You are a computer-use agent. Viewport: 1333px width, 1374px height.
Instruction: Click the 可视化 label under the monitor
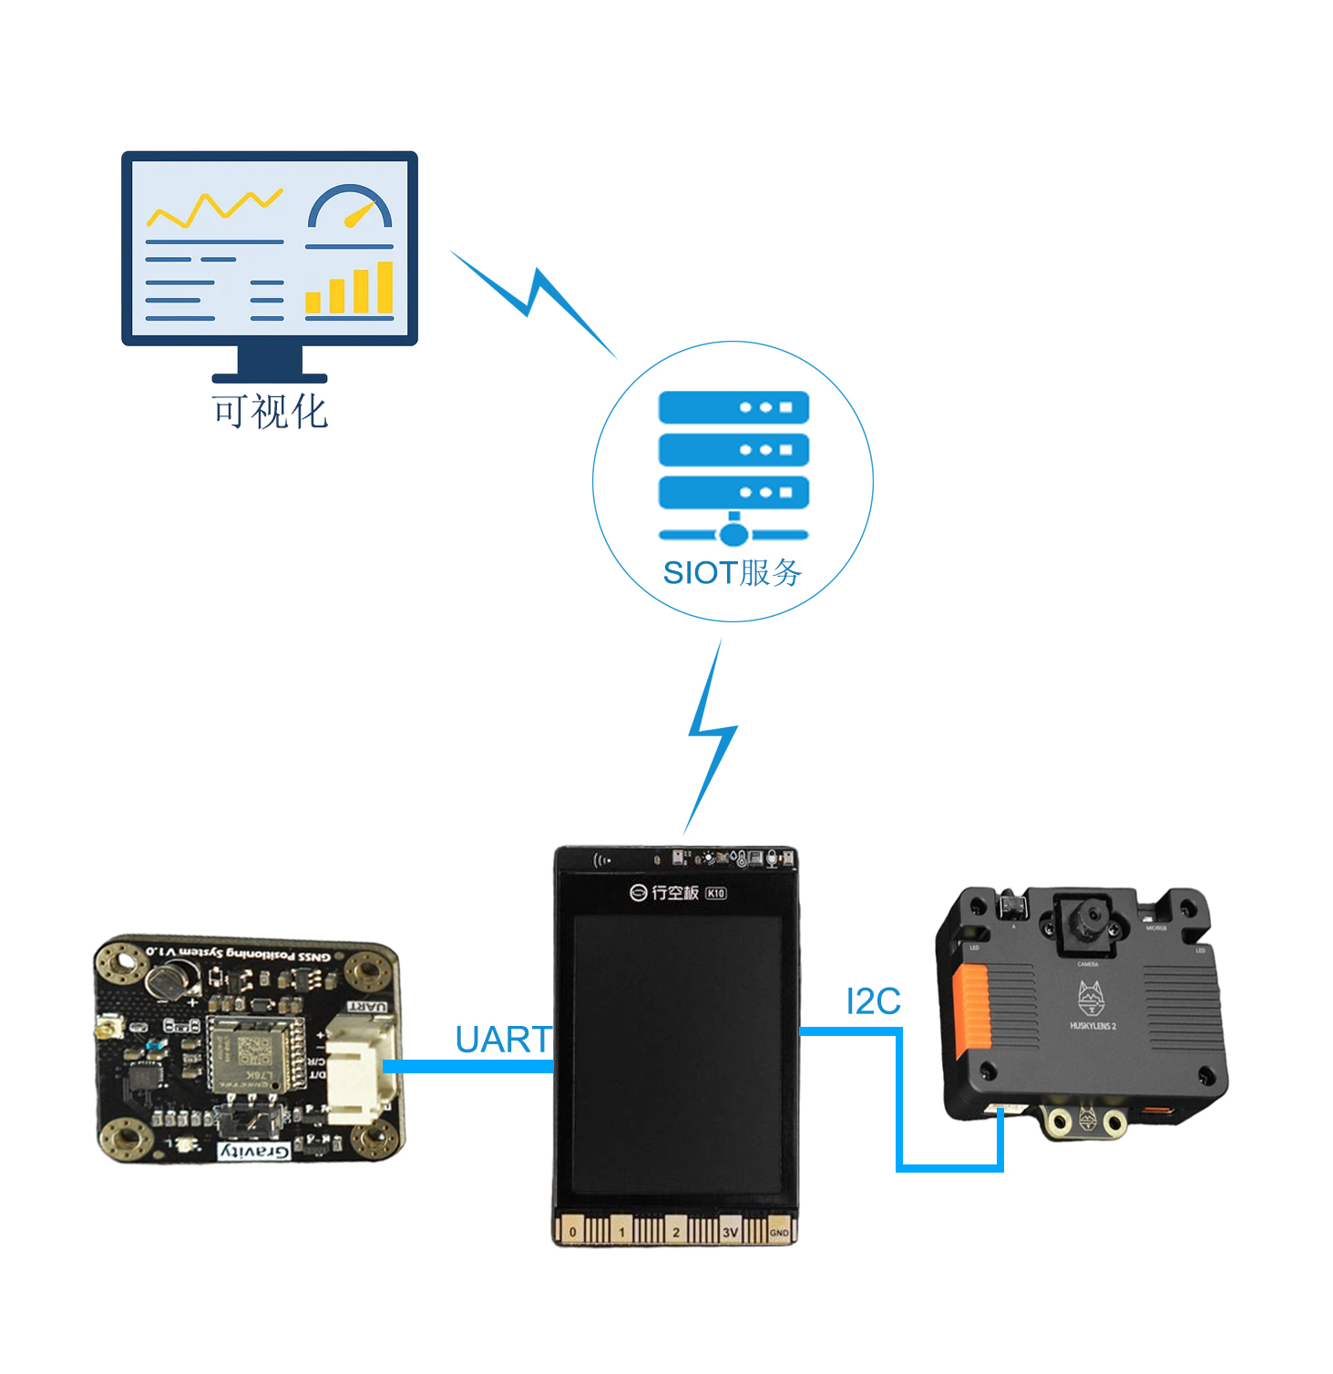click(x=270, y=411)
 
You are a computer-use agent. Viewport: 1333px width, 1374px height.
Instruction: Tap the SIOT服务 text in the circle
click(x=733, y=573)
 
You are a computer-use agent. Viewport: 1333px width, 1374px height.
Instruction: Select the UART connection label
click(x=503, y=1040)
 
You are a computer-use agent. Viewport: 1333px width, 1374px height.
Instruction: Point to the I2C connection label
click(x=873, y=1001)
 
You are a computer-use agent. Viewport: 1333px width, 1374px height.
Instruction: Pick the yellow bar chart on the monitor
click(x=350, y=289)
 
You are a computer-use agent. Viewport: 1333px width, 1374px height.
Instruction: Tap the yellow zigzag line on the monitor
click(x=215, y=209)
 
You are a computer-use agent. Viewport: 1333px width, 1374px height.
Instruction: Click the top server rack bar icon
click(x=733, y=407)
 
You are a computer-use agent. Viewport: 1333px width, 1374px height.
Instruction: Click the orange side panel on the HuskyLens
click(x=971, y=1010)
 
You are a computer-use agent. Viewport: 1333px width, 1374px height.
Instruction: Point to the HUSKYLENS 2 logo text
click(x=1092, y=1026)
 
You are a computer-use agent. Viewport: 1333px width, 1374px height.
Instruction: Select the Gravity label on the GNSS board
click(x=254, y=1151)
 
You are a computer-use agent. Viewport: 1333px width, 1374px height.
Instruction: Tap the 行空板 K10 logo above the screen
click(x=678, y=893)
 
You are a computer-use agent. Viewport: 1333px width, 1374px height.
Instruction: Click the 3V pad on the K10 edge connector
click(x=730, y=1232)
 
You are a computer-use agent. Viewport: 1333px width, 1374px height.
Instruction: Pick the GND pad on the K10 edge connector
click(x=779, y=1232)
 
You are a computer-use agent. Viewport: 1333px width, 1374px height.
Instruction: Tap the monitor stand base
click(x=270, y=377)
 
